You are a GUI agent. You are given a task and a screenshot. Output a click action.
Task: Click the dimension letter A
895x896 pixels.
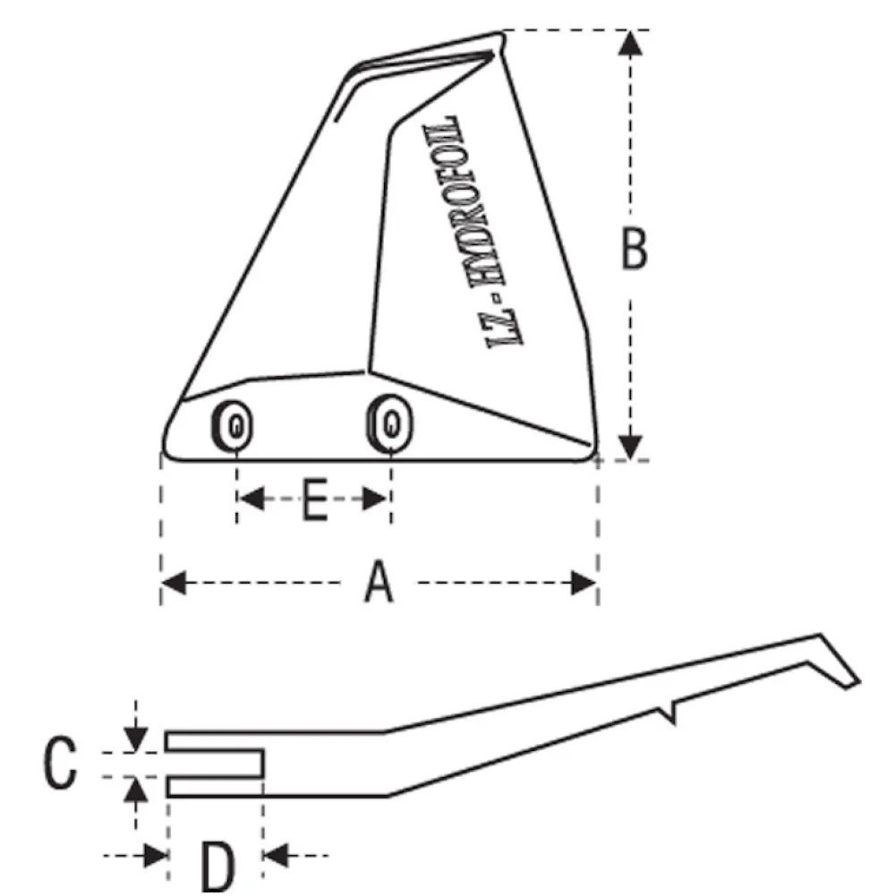379,582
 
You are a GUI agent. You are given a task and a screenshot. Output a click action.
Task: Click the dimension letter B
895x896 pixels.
634,248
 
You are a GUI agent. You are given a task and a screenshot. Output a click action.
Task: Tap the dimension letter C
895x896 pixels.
60,763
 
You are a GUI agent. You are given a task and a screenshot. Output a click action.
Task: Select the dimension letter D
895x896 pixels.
217,868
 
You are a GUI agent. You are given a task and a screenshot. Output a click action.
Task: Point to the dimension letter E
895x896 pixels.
314,500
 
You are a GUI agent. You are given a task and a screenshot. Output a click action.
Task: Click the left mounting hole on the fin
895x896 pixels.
232,426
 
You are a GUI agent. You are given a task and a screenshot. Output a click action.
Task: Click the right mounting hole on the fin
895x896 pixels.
389,424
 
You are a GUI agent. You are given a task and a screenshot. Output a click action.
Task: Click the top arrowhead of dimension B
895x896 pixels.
630,44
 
